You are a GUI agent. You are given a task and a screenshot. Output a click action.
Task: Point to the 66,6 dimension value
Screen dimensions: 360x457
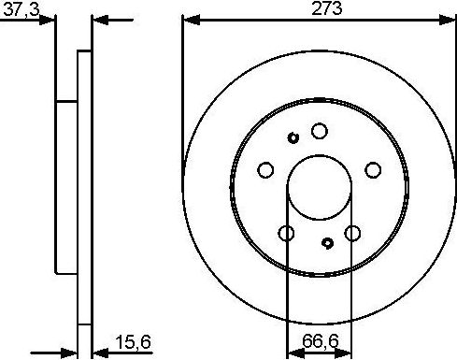pyautogui.click(x=321, y=343)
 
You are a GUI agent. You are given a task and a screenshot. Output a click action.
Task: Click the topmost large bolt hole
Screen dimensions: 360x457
pyautogui.click(x=320, y=131)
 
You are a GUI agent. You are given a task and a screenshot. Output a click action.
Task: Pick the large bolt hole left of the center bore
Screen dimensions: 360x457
pyautogui.click(x=265, y=169)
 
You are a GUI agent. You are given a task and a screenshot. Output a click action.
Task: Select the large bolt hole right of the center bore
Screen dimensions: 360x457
pyautogui.click(x=374, y=169)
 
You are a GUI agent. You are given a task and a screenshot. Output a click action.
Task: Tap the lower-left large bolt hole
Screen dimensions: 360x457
pyautogui.click(x=287, y=233)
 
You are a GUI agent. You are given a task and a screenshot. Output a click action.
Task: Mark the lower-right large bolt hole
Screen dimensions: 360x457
pyautogui.click(x=353, y=233)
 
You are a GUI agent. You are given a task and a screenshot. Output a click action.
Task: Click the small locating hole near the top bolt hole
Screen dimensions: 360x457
pyautogui.click(x=293, y=138)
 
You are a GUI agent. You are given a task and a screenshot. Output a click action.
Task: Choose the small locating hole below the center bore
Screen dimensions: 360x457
pyautogui.click(x=327, y=243)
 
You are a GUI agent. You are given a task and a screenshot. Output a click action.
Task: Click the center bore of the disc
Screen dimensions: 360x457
pyautogui.click(x=320, y=184)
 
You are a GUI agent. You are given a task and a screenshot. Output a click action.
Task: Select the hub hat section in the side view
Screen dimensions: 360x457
pyautogui.click(x=66, y=187)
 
